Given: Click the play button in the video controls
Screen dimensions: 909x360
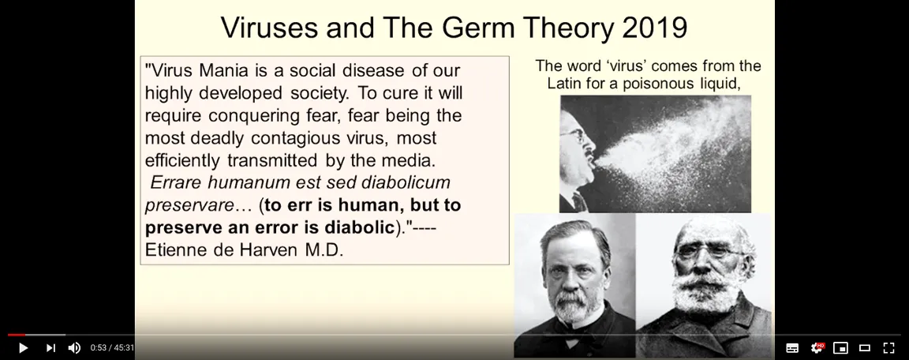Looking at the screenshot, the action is tap(23, 348).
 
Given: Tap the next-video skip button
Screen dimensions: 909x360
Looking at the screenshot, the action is tap(50, 348).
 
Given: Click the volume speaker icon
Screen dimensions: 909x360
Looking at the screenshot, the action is tap(74, 348).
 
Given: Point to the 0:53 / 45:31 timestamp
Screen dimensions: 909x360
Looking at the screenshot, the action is tap(112, 348).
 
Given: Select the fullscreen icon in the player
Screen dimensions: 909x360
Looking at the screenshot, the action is tap(888, 348).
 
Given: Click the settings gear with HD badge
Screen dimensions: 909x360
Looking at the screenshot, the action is tap(817, 347).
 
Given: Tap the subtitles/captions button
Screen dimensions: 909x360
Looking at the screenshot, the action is tap(792, 348).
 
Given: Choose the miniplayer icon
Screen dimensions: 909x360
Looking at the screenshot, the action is tap(840, 348).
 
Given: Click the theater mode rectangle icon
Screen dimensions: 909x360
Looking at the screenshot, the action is tap(864, 348).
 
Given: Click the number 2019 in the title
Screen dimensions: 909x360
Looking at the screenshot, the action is tap(654, 28).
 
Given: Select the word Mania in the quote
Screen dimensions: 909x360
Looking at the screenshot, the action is tap(224, 70).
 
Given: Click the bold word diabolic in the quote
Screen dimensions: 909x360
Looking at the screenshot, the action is tap(360, 227).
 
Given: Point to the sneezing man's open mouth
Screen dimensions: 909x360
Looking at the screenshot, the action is tap(593, 160).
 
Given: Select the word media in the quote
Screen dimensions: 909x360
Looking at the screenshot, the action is tap(412, 160).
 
